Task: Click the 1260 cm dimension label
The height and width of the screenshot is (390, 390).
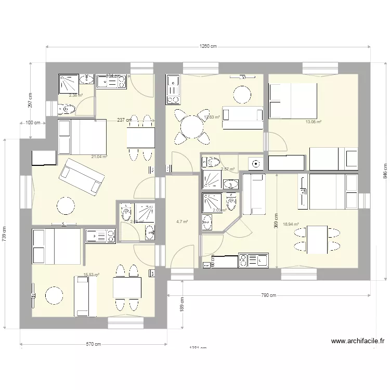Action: pos(208,46)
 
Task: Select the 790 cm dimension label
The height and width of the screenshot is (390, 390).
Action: pos(268,295)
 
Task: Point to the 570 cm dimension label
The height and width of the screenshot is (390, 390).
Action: pos(94,344)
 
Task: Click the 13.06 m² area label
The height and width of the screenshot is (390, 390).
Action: pos(313,122)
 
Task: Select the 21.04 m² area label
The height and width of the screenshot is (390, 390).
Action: pos(99,157)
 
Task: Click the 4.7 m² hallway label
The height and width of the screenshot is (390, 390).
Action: pos(181,222)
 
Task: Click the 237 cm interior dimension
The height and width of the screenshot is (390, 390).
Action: pos(123,120)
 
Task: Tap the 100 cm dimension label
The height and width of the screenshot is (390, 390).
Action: pos(33,123)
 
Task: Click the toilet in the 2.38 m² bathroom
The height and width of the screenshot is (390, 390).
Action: pos(66,109)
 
